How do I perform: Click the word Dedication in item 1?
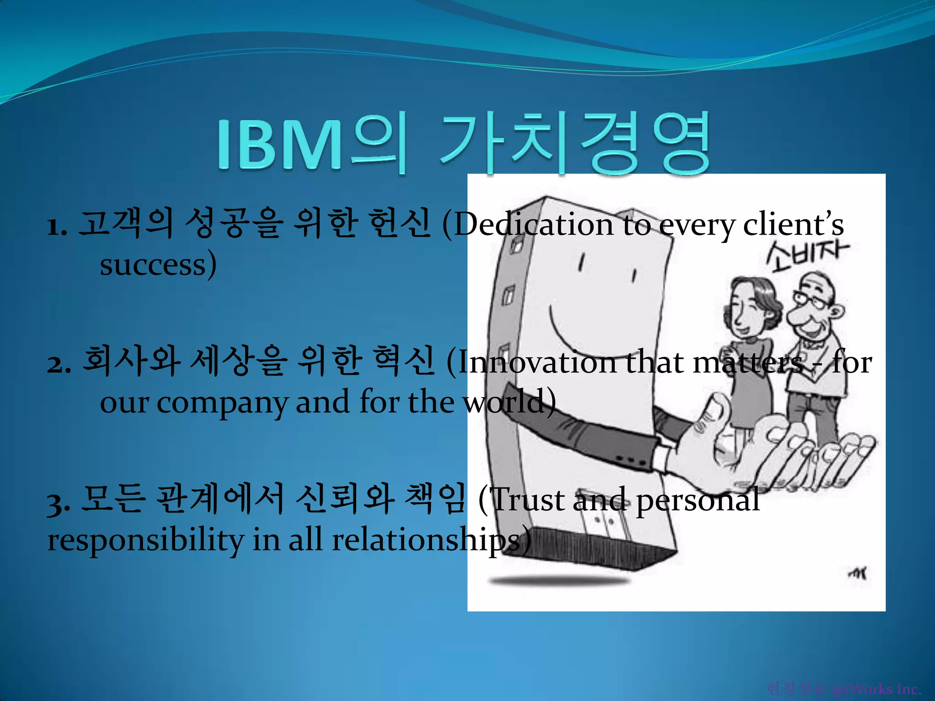pos(534,225)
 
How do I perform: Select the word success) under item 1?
pos(158,265)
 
